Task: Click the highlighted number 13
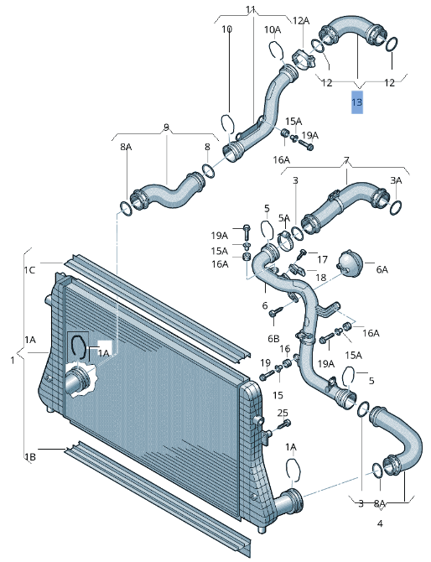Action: [357, 102]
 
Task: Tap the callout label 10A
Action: [273, 29]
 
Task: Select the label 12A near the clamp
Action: [301, 21]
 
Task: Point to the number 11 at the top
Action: [251, 9]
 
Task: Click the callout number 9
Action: [166, 127]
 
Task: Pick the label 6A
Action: [382, 269]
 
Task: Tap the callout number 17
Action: [322, 259]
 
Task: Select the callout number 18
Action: [321, 277]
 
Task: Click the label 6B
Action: [273, 339]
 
